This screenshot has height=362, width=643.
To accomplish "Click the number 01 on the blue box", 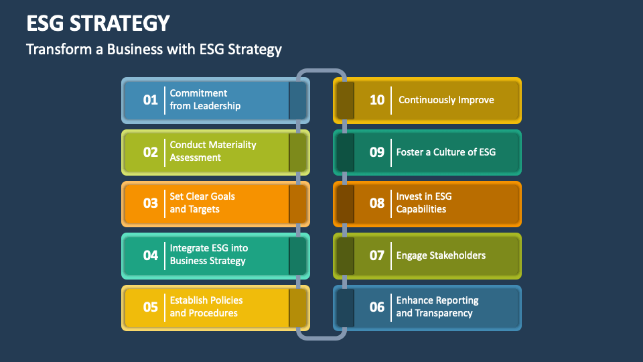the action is [151, 100].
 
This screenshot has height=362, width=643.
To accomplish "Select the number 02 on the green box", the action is [151, 152].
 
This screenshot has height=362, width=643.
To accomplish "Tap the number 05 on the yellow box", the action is [151, 307].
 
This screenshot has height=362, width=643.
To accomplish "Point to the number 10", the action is [377, 100].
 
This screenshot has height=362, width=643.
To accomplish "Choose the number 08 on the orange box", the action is [377, 203].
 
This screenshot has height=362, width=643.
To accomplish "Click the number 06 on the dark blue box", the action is [377, 307].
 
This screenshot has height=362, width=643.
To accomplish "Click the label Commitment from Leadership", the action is [205, 99].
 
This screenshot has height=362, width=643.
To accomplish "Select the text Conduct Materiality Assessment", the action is [213, 151].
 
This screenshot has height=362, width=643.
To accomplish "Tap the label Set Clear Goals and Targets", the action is [202, 202].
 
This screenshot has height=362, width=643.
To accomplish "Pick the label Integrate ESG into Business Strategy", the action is [209, 255].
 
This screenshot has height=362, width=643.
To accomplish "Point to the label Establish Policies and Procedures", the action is [206, 306].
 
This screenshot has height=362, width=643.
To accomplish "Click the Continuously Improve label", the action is [446, 100].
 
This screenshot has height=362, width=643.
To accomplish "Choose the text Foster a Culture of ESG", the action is [446, 152].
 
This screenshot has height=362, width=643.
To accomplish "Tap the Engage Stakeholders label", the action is [441, 255].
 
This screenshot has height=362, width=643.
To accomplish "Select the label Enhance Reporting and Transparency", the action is [437, 306].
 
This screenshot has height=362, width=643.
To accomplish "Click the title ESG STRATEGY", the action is [98, 23].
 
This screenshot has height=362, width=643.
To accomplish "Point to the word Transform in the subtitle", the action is [60, 49].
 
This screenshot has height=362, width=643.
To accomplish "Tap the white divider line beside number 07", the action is [391, 255].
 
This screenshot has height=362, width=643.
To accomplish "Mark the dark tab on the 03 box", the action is [297, 204].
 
